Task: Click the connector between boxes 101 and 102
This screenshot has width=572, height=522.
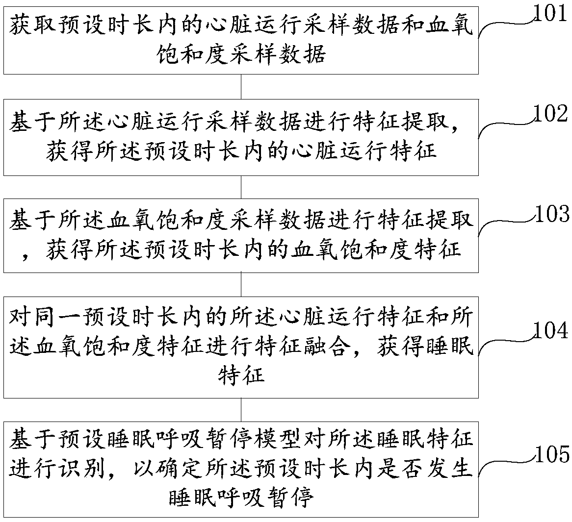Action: tap(241, 87)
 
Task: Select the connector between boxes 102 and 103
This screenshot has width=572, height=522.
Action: tap(241, 187)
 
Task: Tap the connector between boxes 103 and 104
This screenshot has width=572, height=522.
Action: tap(241, 284)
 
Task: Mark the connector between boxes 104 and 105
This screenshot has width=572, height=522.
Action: tap(241, 409)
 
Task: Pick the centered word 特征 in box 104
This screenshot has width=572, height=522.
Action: tap(241, 375)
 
